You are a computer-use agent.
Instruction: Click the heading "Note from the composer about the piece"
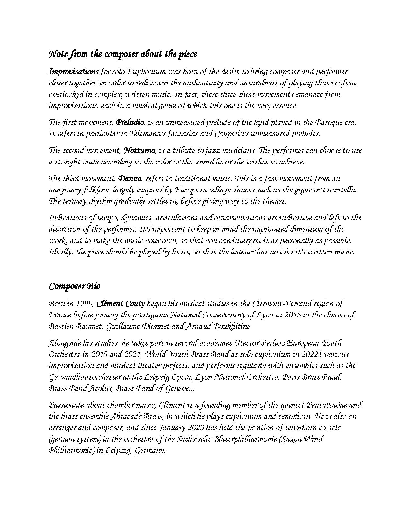123,54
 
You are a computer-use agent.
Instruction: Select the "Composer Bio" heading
74,286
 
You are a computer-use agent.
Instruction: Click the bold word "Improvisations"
74,71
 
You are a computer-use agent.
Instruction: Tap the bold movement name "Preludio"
130,122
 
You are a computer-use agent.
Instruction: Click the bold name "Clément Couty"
121,304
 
